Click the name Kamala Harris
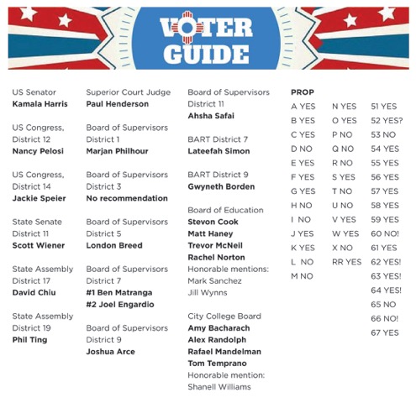[x=39, y=104]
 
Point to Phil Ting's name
[x=30, y=339]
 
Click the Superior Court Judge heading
[x=128, y=92]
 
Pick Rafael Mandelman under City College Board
[x=224, y=351]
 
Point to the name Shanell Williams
[x=219, y=387]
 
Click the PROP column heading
[x=303, y=92]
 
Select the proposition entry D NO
[x=301, y=149]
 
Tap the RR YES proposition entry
[x=347, y=261]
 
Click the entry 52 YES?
[x=387, y=120]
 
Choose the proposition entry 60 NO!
[x=385, y=233]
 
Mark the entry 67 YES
[x=385, y=332]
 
